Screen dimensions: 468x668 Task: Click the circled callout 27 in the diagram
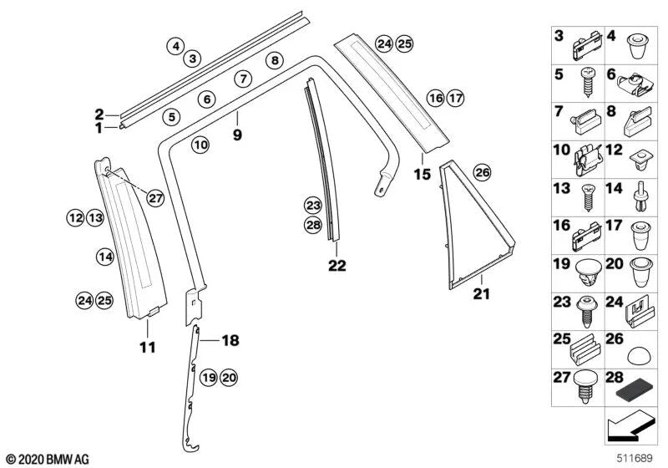[156, 198]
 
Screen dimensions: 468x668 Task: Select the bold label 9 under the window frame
[237, 134]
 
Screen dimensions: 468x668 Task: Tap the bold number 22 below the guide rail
[337, 266]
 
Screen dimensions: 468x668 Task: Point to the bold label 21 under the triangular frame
[483, 294]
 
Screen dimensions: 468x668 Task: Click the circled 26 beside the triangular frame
[482, 173]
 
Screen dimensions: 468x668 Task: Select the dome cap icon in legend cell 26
[637, 350]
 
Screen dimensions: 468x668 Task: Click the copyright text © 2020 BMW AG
[47, 459]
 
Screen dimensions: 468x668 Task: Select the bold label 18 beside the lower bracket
[230, 340]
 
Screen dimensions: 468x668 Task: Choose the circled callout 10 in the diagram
[200, 145]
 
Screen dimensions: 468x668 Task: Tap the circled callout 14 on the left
[104, 257]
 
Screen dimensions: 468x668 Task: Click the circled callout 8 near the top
[275, 59]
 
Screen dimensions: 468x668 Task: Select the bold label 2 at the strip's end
[99, 114]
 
